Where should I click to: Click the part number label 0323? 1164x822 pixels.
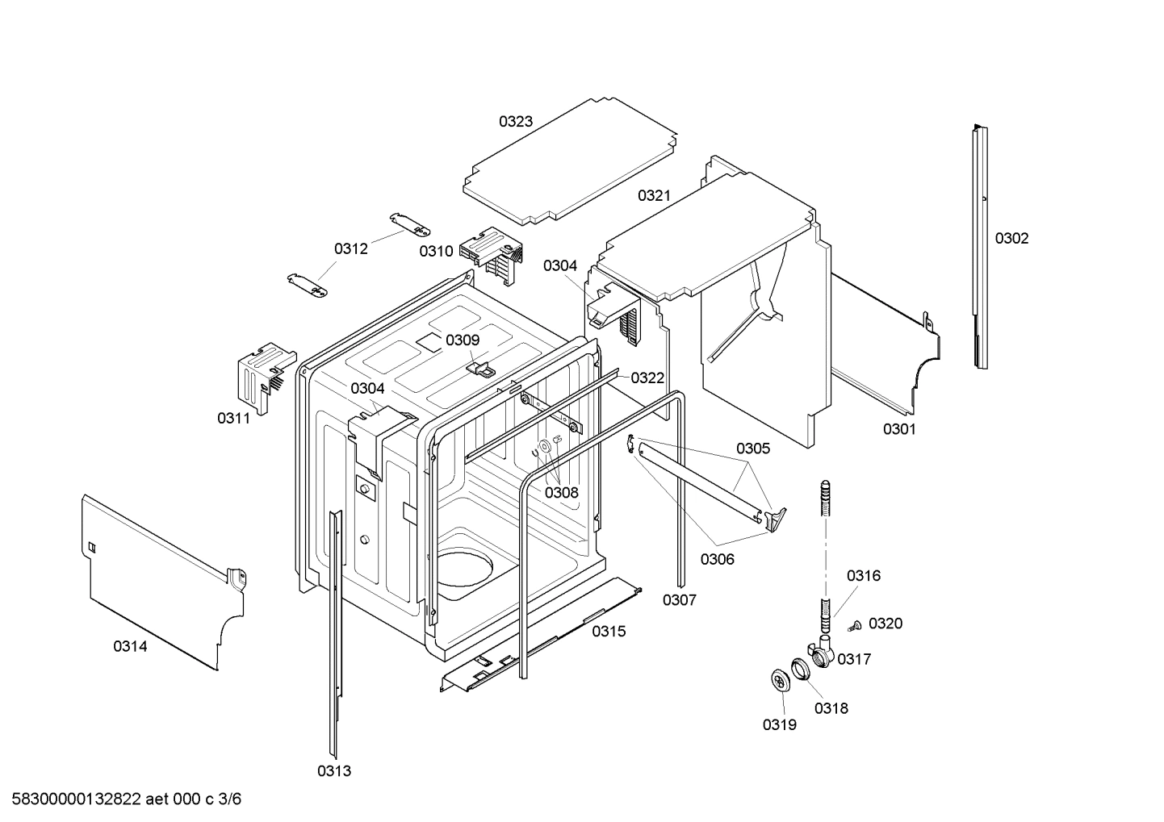tap(515, 122)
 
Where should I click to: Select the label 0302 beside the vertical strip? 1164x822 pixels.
tap(1011, 238)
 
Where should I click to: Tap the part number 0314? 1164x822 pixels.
tap(130, 646)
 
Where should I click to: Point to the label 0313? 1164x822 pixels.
tap(333, 771)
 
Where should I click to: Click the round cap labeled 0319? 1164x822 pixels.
tap(780, 681)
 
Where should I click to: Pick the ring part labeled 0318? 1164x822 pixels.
tap(799, 668)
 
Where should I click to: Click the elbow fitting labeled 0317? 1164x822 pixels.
tap(820, 650)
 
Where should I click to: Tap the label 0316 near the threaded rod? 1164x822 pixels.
tap(863, 576)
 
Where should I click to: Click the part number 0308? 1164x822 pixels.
tap(561, 493)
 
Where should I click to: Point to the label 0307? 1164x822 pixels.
tap(679, 600)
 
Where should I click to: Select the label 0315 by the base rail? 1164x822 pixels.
tap(609, 632)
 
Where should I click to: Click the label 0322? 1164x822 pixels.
tap(647, 378)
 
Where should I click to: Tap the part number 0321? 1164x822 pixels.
tap(654, 196)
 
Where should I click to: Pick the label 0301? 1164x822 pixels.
tap(898, 429)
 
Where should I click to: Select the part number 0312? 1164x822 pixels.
tap(351, 249)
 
